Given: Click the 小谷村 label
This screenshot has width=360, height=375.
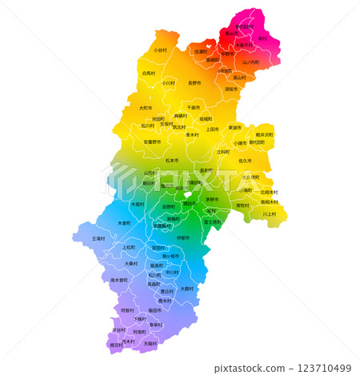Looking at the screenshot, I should coord(161,50).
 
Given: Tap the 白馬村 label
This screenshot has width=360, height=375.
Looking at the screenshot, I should coord(148,73).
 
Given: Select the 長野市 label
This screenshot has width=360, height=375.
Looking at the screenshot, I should coord(194,82).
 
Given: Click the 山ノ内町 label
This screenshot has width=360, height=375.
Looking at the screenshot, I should coord(250,62).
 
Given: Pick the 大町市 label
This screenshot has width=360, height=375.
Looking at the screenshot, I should coord(145,108).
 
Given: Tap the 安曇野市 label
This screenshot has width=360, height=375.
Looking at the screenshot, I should coord(152,142).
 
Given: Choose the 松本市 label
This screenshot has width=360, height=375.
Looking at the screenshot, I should coord(171,160).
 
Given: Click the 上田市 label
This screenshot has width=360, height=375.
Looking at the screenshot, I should coord(212,129).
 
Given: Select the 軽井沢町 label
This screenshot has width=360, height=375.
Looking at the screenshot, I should coord(264,134).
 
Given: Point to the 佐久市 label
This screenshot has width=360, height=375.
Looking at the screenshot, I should coord(245,161).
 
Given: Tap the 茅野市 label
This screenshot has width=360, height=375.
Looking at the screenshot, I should coord(212,199).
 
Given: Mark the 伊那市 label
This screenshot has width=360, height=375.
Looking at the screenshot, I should coord(182,237).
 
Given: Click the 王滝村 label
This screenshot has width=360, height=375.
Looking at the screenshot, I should coord(98,238).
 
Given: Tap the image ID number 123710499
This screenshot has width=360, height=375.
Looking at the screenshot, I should coord(323,368).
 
